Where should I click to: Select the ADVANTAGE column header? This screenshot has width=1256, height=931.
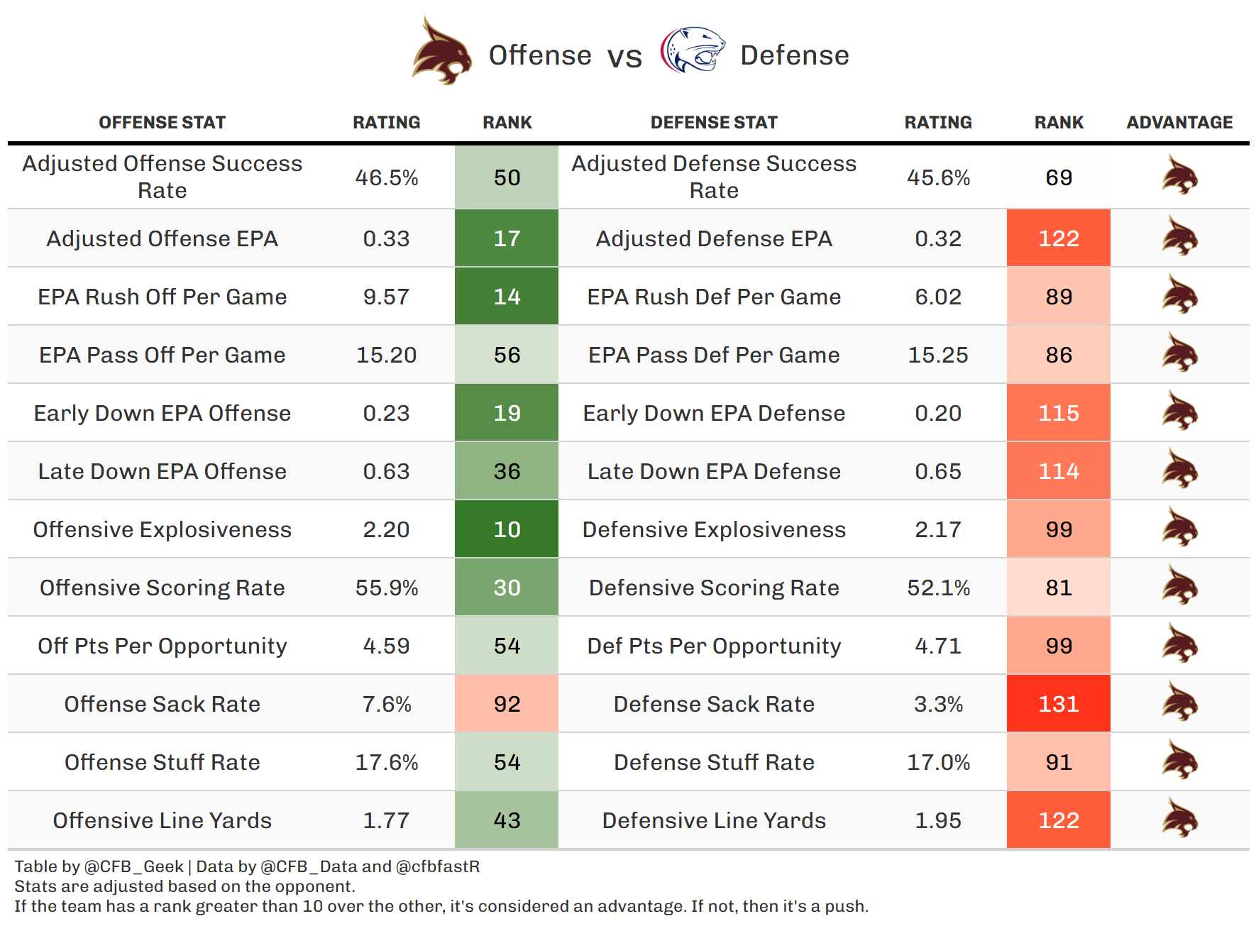coord(1179,123)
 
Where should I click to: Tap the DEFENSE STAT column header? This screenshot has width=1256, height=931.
coord(714,123)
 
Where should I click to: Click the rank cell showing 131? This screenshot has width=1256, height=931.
coord(1058,704)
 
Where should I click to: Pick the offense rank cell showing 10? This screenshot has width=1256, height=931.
coord(507,529)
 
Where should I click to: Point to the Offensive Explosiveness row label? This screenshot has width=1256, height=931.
coord(162,529)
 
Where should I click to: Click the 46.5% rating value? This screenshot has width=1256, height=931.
coord(386,177)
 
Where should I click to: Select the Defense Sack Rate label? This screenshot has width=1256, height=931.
coord(714,704)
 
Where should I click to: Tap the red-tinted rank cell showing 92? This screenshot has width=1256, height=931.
coord(507,704)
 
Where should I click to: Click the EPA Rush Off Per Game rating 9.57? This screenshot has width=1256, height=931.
coord(386,297)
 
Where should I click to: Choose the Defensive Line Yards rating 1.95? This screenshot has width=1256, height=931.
coord(937,820)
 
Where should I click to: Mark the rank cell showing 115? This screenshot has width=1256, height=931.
coord(1058,413)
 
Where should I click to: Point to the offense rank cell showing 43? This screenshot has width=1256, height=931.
coord(507,820)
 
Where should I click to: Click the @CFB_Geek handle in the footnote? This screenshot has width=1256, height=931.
coord(134,866)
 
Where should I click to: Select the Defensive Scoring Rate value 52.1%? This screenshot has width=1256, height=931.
coord(937,588)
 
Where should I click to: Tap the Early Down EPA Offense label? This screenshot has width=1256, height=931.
coord(162,413)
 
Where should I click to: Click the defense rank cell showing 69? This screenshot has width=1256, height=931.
coord(1058,177)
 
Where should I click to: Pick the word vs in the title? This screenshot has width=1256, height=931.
coord(624,57)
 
